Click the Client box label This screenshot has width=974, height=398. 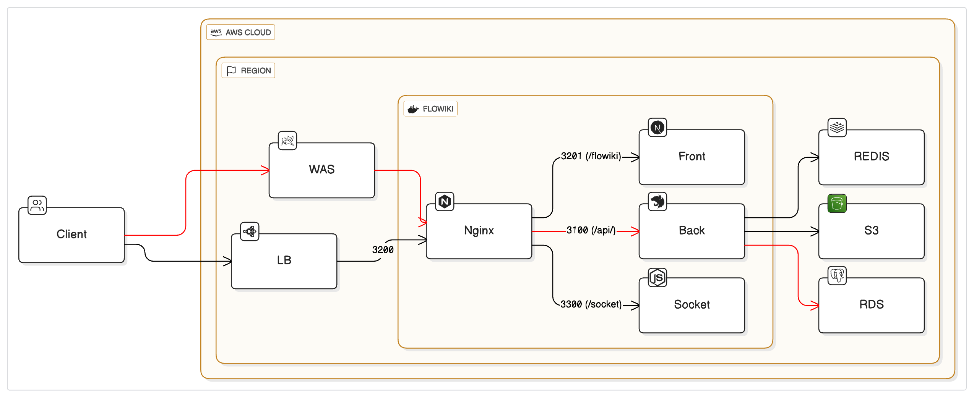tap(71, 234)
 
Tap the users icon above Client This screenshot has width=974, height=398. tap(37, 205)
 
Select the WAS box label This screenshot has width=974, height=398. tap(321, 169)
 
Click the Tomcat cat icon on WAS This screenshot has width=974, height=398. tap(287, 141)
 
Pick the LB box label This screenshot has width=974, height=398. tap(284, 260)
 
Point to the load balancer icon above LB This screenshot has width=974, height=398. tap(250, 231)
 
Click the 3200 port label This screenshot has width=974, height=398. tap(383, 250)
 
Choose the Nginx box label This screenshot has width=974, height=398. tap(479, 230)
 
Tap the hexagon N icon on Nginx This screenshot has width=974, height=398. tap(445, 202)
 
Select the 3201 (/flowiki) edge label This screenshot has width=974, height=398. tap(591, 156)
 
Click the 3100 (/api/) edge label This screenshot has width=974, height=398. tap(591, 230)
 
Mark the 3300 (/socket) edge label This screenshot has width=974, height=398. tap(591, 304)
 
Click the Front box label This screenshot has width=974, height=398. tap(692, 156)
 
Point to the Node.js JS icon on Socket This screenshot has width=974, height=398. tap(657, 278)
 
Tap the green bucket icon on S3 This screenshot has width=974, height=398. tap(837, 203)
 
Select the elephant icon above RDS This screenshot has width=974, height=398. tap(837, 275)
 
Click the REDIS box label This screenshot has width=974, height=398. tap(871, 156)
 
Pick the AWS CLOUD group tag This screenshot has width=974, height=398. tap(241, 32)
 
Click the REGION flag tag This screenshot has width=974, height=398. tap(248, 71)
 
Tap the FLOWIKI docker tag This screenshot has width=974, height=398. tap(430, 109)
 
